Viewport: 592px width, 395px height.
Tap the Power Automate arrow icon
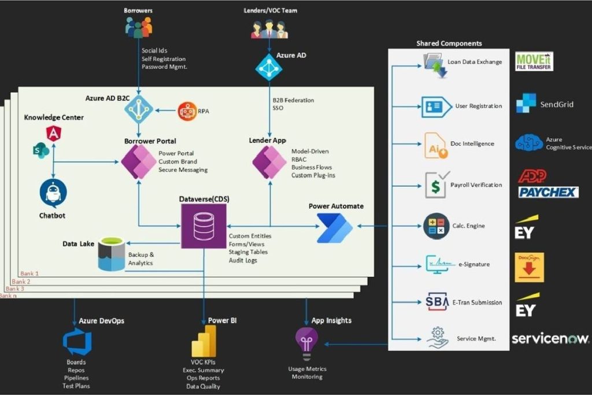coord(335,228)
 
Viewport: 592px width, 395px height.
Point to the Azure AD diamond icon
coord(269,68)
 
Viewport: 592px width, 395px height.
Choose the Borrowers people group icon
coord(139,27)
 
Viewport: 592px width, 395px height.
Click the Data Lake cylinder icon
coord(112,253)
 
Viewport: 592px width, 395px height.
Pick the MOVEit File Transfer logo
coord(534,60)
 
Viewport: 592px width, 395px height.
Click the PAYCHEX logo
coord(548,192)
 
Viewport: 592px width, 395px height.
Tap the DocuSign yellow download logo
coord(529,267)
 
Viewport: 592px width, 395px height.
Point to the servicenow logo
coord(550,338)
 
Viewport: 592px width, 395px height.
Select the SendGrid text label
coord(557,105)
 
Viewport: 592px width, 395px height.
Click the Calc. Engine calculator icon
coord(436,226)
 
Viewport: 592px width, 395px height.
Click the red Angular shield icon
coord(54,133)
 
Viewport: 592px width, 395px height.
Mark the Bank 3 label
coord(15,289)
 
